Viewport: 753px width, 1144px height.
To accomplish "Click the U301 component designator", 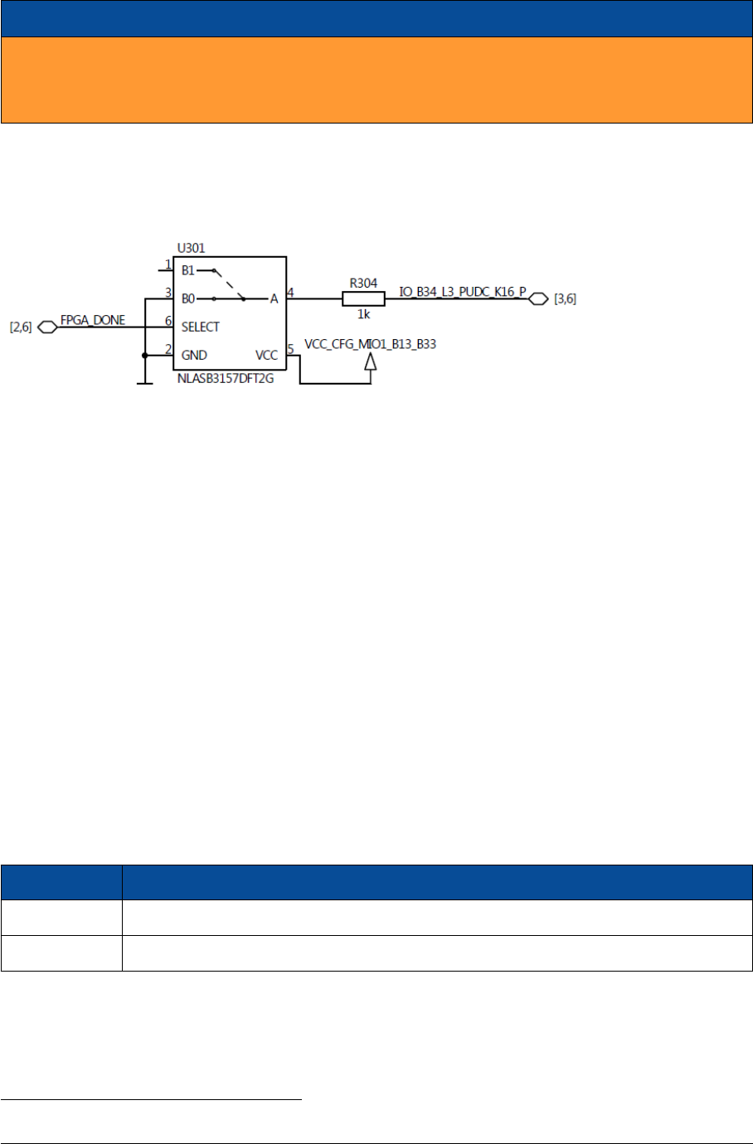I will [x=191, y=248].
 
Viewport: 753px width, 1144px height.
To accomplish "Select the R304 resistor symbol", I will [x=363, y=298].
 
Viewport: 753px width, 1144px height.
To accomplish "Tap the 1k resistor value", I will [x=363, y=314].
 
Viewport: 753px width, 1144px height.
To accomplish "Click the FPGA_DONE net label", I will [x=93, y=320].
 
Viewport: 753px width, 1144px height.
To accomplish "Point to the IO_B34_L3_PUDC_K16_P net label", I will [x=463, y=292].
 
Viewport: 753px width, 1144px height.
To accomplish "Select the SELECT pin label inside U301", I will [x=201, y=327].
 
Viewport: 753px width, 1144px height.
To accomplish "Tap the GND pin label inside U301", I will [x=194, y=355].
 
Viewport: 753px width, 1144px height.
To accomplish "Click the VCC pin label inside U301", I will [x=266, y=355].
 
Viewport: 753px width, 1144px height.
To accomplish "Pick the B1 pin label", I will [x=188, y=270].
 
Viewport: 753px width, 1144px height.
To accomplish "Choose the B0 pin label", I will [x=188, y=298].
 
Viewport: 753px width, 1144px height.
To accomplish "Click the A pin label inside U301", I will [x=274, y=298].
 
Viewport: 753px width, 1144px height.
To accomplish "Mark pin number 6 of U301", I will [x=168, y=321].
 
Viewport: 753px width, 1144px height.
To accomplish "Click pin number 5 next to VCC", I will [x=290, y=349].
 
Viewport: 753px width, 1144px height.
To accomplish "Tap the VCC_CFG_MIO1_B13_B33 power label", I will [x=370, y=343].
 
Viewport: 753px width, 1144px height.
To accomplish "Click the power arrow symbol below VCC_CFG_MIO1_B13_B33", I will [x=371, y=361].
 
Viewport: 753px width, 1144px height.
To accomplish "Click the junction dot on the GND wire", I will [x=145, y=356].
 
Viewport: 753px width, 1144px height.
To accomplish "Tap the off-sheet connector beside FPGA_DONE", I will [x=48, y=327].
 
